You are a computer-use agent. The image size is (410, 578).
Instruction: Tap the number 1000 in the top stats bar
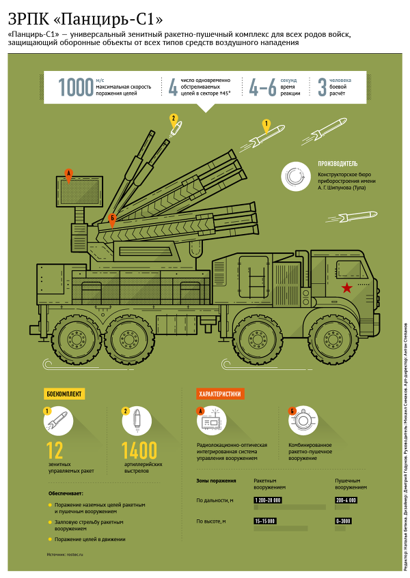pos(74,87)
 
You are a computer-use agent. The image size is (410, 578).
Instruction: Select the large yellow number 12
pos(55,450)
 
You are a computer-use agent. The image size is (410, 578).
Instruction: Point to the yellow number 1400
pos(139,450)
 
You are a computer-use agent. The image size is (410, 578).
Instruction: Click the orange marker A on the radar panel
pos(68,173)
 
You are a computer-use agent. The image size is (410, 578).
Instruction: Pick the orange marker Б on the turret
pos(112,220)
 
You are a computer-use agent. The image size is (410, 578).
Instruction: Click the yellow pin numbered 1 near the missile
pos(266,124)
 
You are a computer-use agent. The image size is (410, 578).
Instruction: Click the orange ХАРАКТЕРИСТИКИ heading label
pos(220,394)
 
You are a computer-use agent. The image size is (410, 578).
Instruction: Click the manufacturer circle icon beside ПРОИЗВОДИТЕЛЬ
pos(297,175)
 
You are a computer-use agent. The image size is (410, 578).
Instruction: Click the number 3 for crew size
pos(322,87)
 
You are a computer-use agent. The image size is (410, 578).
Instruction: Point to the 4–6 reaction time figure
pos(262,87)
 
